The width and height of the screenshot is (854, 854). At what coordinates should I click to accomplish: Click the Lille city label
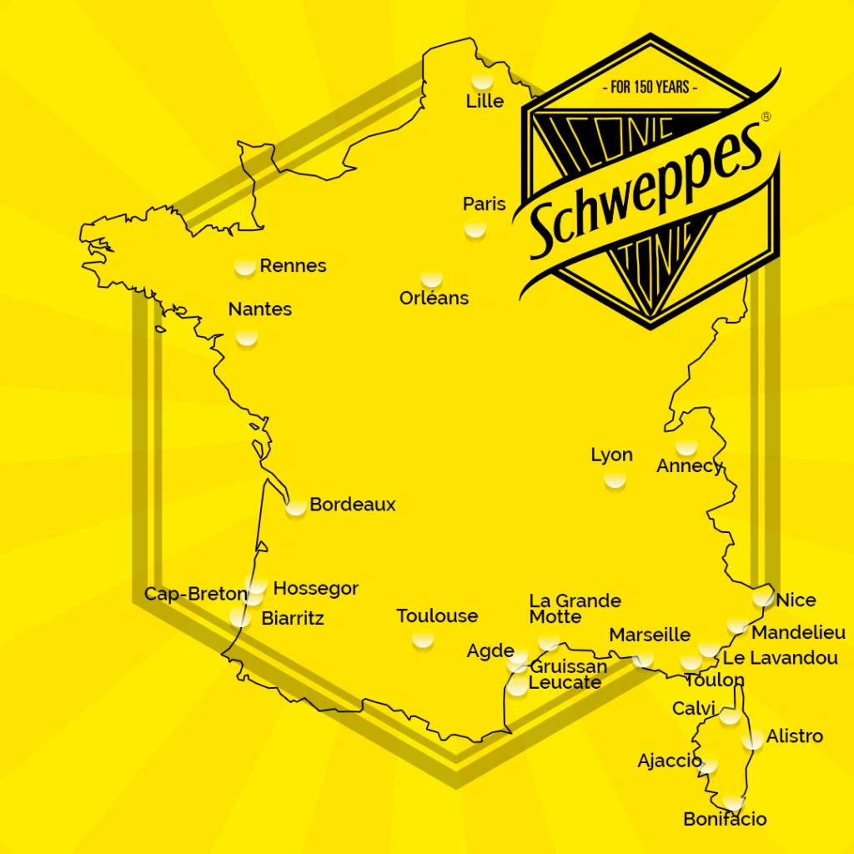[485, 102]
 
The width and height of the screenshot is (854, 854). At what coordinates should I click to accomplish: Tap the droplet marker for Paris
[475, 228]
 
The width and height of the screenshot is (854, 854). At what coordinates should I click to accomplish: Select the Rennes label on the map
[293, 266]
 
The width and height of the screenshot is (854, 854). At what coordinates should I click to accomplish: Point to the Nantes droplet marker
[246, 337]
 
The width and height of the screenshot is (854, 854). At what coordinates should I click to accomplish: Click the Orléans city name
[434, 298]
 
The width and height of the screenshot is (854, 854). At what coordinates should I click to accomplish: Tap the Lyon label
[611, 455]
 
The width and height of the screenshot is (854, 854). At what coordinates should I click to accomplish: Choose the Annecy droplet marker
[686, 446]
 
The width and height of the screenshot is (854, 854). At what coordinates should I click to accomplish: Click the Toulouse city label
[437, 616]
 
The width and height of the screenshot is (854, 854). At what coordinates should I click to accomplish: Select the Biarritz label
[292, 619]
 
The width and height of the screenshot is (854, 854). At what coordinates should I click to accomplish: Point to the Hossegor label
[315, 589]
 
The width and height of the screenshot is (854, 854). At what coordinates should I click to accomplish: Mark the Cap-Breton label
[195, 595]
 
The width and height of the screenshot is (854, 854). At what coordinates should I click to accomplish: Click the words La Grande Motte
[575, 609]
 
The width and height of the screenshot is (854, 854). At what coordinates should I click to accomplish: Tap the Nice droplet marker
[762, 597]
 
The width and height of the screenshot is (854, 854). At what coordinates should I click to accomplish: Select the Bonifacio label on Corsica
[724, 820]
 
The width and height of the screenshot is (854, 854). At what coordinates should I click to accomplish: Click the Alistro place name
[794, 736]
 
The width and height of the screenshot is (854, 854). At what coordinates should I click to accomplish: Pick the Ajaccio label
[669, 761]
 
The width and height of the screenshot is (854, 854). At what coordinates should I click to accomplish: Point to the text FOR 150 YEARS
[649, 87]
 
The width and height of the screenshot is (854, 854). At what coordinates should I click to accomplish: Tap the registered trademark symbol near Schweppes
[766, 118]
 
